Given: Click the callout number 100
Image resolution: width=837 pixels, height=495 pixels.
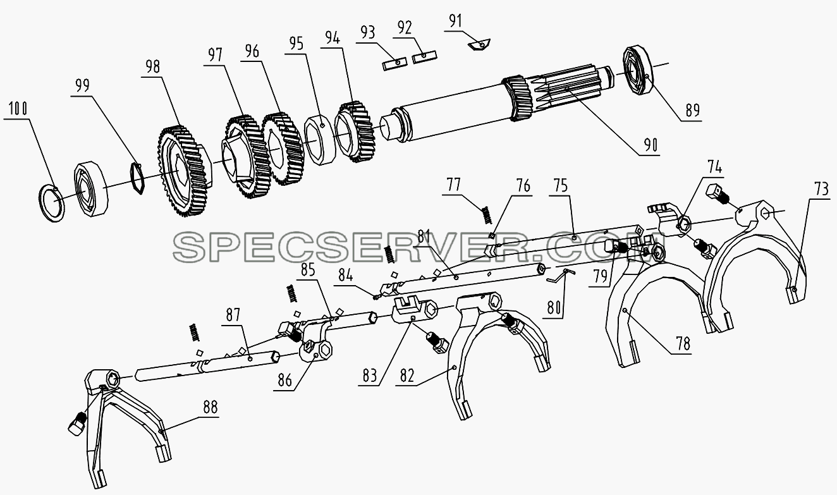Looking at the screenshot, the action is point(18,109).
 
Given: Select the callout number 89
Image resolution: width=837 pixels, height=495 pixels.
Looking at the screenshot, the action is point(692,111).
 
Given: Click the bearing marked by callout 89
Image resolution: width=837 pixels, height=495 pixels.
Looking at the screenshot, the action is point(637,70).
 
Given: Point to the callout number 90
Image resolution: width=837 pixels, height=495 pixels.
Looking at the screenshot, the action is point(651,145).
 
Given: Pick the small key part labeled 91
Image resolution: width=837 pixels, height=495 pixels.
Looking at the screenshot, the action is point(479,44).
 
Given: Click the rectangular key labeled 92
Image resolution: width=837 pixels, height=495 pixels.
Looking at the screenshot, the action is point(424,57).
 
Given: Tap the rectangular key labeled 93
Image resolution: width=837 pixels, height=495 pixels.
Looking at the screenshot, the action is point(394,63).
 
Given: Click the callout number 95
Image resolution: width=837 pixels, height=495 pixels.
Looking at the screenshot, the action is point(296,44).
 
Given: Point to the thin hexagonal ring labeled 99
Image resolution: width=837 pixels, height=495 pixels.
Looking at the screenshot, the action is point(137,178).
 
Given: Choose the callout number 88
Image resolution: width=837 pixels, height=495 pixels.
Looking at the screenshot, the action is point(211,407).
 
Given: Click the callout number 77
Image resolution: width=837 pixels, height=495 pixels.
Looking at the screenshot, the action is point(454,185).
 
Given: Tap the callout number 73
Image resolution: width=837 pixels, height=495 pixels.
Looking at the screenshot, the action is point(821,190).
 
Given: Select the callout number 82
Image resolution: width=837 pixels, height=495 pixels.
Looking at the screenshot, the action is point(407,376).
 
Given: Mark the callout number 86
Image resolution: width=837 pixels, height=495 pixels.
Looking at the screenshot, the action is point(284,381).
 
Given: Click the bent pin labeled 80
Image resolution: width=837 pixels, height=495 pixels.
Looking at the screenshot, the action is point(561,276).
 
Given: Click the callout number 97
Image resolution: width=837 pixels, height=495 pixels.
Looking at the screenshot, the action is point(215,55).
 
